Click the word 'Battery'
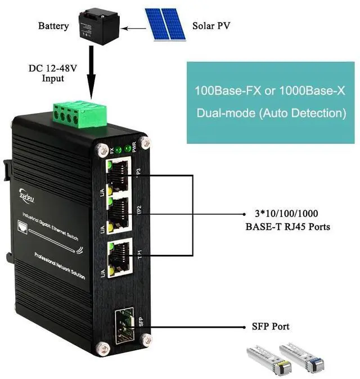[53, 26]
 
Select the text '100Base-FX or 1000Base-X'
[270, 91]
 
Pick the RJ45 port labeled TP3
[120, 171]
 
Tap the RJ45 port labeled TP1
[120, 254]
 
